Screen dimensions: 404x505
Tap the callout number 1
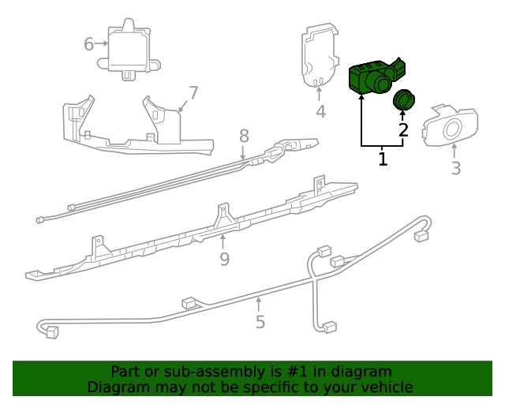coord(383,159)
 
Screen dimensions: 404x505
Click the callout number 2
coord(403,130)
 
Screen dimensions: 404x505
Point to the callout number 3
coord(455,168)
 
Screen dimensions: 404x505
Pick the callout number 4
coord(320,112)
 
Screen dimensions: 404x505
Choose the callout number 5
coord(260,321)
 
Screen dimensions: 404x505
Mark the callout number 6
coord(89,43)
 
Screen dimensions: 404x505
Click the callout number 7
coord(193,92)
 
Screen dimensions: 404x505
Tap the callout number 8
coord(244,136)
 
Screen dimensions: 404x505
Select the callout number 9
coord(224,259)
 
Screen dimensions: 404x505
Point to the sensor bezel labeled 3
coord(451,126)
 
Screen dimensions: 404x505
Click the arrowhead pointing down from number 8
coord(244,159)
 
